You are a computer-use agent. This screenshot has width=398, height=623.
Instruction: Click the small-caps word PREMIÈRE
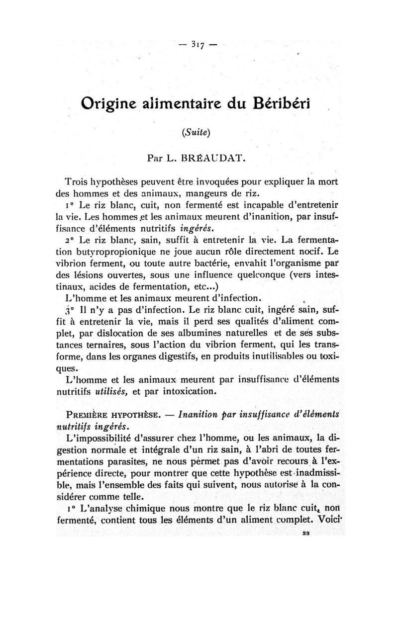pyautogui.click(x=87, y=416)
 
